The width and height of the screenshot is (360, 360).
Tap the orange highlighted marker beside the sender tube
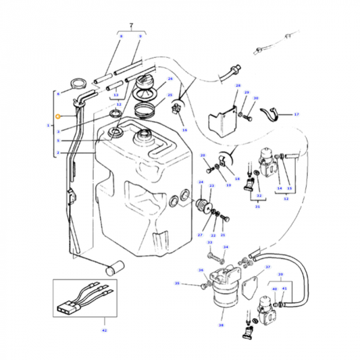[58, 117]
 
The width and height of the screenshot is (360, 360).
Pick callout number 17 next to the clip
[296, 115]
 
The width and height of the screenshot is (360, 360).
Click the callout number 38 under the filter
[220, 325]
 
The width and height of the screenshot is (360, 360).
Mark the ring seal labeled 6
[79, 86]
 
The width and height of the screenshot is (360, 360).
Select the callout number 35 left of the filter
[177, 284]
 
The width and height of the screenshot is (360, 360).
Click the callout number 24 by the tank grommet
[201, 182]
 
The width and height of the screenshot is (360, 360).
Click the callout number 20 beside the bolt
[203, 156]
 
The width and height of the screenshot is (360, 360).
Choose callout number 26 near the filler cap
[170, 79]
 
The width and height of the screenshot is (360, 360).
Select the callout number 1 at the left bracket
[48, 126]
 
